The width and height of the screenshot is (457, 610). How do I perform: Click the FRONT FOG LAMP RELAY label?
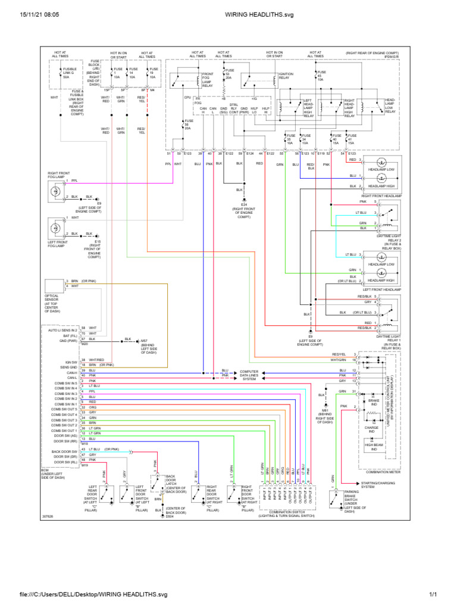[x=207, y=79]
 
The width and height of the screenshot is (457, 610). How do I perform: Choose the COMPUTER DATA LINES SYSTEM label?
[x=248, y=375]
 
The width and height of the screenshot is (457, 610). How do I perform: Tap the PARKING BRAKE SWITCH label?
[x=355, y=501]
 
